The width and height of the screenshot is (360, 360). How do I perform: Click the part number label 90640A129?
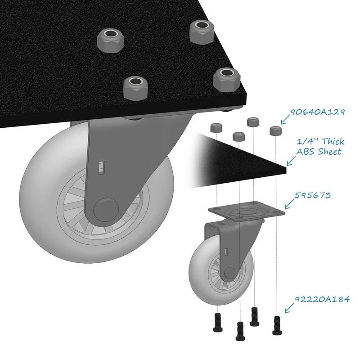click(318, 112)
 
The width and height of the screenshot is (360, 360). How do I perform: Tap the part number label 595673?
click(312, 195)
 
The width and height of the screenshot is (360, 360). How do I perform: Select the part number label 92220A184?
click(322, 299)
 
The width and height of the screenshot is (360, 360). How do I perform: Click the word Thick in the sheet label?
click(333, 141)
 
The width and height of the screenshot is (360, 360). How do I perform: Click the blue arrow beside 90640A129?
click(285, 119)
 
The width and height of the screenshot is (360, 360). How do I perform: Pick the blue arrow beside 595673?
click(289, 204)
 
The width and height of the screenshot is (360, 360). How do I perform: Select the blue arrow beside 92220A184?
click(289, 308)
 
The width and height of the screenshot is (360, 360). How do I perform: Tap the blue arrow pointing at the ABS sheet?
click(291, 161)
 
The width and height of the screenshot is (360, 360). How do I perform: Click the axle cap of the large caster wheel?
click(106, 209)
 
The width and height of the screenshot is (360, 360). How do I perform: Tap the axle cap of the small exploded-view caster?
click(229, 273)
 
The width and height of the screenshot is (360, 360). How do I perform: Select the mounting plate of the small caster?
click(246, 211)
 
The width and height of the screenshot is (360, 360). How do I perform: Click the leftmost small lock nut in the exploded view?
click(216, 128)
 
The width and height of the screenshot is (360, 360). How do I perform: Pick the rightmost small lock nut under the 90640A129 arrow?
click(275, 130)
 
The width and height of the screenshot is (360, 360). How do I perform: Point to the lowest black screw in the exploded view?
click(240, 331)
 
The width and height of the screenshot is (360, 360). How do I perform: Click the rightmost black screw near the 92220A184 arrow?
click(277, 325)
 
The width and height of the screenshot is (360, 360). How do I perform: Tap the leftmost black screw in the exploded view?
click(218, 322)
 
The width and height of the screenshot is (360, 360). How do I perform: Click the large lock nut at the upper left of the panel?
click(110, 41)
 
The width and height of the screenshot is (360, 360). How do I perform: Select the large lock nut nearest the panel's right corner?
click(227, 80)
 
